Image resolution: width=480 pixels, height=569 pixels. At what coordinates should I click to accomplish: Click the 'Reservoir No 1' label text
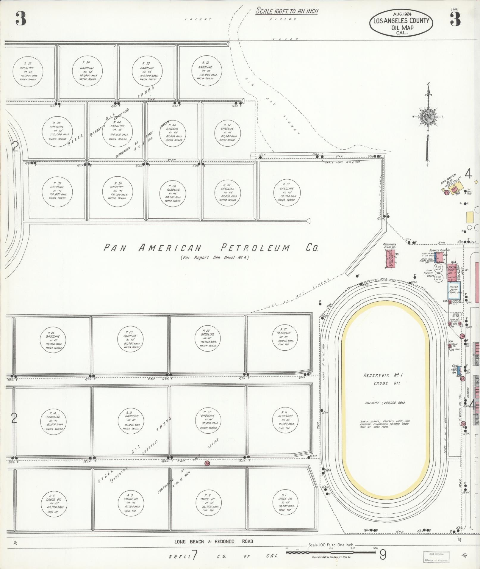tap(383, 375)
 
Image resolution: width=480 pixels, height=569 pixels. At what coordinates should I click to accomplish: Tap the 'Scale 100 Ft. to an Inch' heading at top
tap(287, 11)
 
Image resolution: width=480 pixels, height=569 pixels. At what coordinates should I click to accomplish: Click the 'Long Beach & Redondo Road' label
tap(214, 541)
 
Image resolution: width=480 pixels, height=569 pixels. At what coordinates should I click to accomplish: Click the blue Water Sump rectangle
tap(454, 290)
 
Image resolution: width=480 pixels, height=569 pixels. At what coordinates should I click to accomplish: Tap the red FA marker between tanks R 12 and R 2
tap(207, 472)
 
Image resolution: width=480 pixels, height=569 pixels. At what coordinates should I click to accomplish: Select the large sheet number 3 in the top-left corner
tap(21, 19)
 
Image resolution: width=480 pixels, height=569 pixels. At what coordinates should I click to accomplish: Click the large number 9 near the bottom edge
tap(383, 554)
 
